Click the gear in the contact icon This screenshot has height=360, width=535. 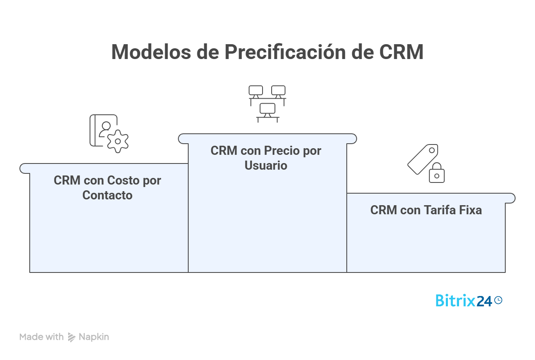(x=118, y=141)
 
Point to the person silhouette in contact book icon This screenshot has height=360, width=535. (x=106, y=128)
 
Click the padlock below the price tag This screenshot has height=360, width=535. (x=437, y=173)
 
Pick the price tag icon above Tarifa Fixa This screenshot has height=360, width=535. (x=423, y=159)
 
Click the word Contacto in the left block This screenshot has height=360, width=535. (x=107, y=195)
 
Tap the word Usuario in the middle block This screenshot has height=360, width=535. (x=266, y=166)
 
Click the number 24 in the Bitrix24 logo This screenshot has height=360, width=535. (x=484, y=301)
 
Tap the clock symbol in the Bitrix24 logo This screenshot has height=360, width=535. (x=498, y=300)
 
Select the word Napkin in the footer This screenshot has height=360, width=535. (x=94, y=337)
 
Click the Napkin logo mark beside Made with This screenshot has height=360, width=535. (x=72, y=337)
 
